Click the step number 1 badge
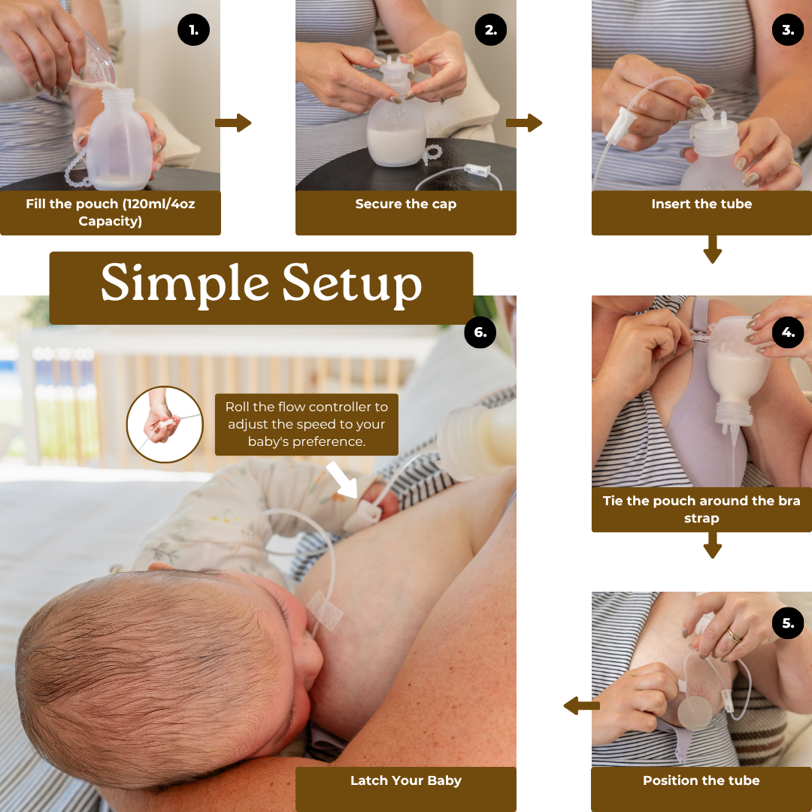point(193,30)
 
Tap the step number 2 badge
point(490,30)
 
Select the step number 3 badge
point(788,30)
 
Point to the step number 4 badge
point(788,332)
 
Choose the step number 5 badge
point(788,623)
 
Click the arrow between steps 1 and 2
point(233,123)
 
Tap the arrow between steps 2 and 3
point(524,123)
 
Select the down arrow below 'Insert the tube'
point(712,249)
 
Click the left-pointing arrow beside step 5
point(581,706)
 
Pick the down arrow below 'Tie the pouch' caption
point(712,545)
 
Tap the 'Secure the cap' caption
point(405,205)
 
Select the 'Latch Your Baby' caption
point(405,780)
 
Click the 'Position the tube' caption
point(701,780)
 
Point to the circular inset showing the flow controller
point(165,425)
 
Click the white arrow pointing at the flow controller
point(342,480)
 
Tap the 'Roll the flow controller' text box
point(306,424)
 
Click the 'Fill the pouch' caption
point(111,212)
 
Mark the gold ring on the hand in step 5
point(733,636)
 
